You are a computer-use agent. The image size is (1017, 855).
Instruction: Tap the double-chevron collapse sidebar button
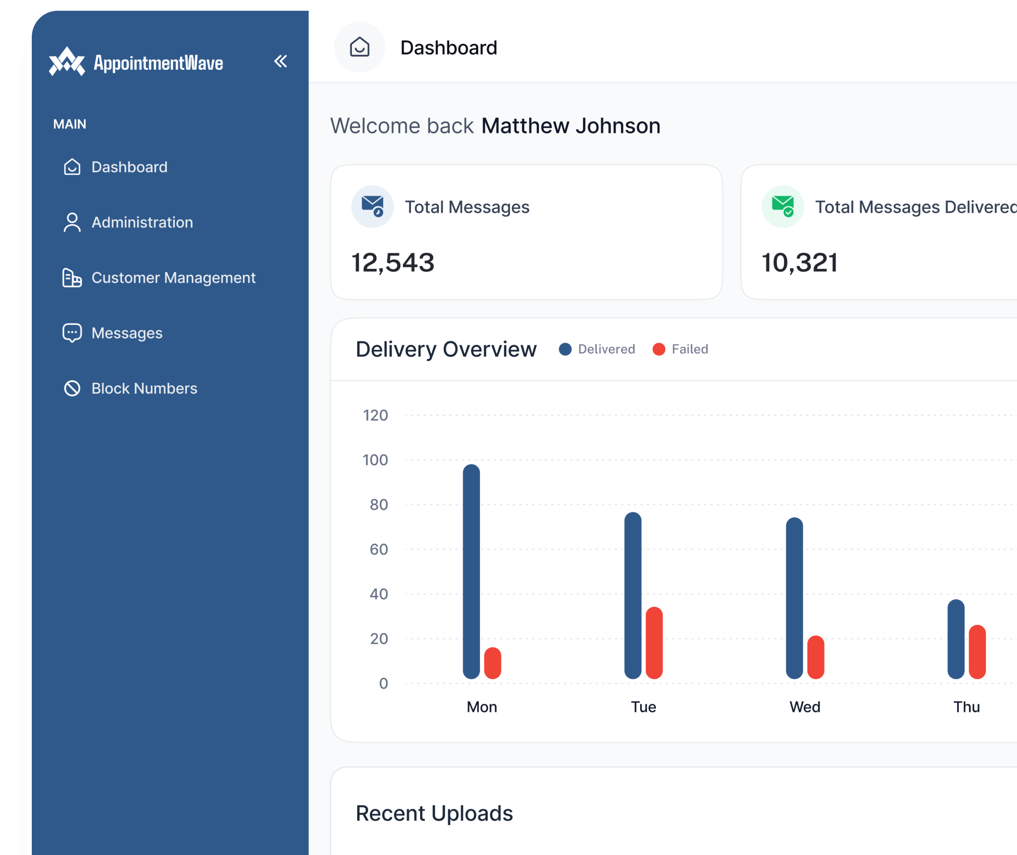[280, 61]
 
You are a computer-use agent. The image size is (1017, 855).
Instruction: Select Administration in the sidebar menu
[142, 222]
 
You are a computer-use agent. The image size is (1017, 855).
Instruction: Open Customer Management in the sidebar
[173, 278]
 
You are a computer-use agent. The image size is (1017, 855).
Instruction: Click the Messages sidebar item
[126, 333]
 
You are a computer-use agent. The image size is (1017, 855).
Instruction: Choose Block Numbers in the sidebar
[144, 388]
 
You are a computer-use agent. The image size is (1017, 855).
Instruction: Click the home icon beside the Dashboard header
[360, 47]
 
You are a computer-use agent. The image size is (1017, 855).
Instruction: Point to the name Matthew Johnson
[570, 126]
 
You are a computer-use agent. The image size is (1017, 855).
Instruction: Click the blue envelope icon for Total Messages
[372, 206]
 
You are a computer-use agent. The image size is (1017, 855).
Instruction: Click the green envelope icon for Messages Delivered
[782, 206]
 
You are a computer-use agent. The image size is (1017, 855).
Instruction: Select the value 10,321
[799, 263]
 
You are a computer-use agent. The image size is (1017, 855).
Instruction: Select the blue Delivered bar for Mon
[471, 572]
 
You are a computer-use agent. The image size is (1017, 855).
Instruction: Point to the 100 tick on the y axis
[375, 460]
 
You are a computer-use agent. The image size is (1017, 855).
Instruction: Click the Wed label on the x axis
[804, 707]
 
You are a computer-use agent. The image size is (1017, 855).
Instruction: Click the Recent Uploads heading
[434, 813]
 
